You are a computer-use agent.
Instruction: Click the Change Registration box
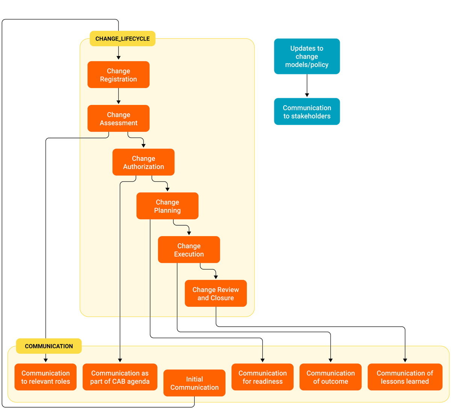[118, 75]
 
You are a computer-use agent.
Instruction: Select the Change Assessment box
[118, 118]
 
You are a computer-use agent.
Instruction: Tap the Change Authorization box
[143, 162]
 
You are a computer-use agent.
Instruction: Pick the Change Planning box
[167, 206]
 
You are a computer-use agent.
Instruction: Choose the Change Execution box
[189, 250]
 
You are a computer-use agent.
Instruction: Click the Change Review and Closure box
[215, 293]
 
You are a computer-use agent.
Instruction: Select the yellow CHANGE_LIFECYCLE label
[123, 39]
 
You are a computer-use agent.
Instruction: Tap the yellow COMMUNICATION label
[49, 346]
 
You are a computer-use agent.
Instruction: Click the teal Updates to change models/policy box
[307, 56]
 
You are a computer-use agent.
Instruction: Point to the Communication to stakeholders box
[307, 112]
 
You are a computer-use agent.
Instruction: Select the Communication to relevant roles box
[45, 377]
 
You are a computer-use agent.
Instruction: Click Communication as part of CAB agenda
[120, 377]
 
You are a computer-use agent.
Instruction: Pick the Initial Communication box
[194, 383]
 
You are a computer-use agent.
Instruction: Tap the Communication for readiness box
[262, 377]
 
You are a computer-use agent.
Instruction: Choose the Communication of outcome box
[330, 377]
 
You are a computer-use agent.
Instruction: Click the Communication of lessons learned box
[405, 377]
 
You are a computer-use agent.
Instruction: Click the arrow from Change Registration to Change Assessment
[118, 96]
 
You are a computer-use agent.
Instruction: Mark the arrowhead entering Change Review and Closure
[215, 278]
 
